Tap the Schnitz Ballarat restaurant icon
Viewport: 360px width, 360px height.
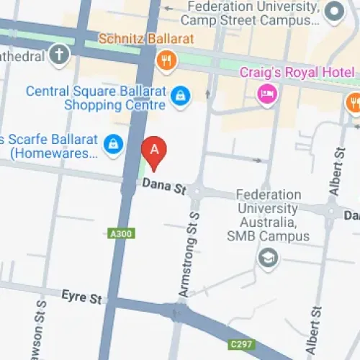click(x=167, y=60)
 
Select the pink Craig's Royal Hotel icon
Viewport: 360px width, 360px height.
click(x=267, y=94)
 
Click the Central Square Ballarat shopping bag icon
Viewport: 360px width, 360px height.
click(x=181, y=94)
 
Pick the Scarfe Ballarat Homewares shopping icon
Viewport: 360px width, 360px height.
click(x=112, y=144)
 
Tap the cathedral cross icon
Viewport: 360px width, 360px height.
click(x=60, y=54)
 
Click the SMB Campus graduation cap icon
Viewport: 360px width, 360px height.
click(x=269, y=258)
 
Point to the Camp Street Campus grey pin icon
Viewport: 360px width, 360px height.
click(x=333, y=12)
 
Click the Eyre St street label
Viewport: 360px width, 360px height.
click(x=82, y=296)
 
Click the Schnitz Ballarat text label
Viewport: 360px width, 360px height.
click(x=138, y=38)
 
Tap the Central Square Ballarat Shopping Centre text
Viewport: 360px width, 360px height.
click(x=96, y=99)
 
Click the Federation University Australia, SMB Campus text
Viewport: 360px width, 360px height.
click(x=269, y=215)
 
